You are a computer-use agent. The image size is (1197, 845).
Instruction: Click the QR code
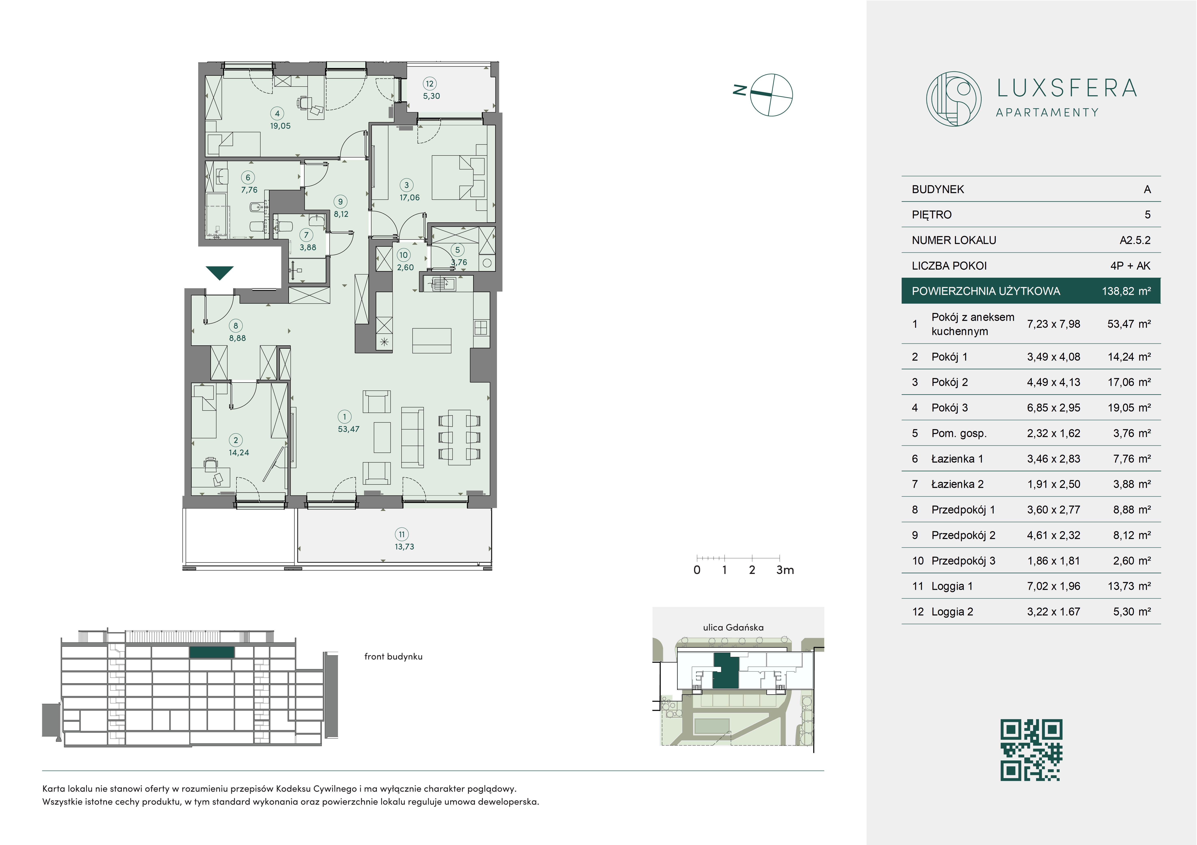1031,750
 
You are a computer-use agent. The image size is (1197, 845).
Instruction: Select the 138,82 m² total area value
1126,291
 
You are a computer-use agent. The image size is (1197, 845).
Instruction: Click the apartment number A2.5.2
1135,240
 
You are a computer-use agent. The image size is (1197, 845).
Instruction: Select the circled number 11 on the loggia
401,534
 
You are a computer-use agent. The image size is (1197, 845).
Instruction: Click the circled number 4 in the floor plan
277,113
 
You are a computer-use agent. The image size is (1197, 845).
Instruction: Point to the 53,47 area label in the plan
348,429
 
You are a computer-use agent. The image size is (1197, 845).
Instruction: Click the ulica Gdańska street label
733,627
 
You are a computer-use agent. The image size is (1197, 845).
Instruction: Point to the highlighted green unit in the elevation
212,652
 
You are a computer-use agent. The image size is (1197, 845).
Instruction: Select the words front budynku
393,657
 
